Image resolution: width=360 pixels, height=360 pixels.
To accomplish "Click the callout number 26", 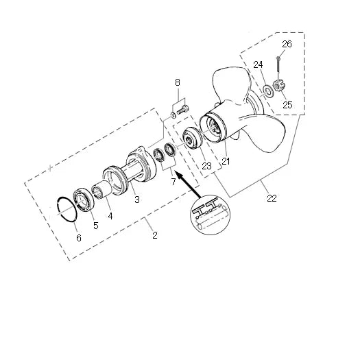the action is point(287,44).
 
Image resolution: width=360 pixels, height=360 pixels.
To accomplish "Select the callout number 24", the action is point(258,64).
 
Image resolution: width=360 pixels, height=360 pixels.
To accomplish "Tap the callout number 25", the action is point(287,105).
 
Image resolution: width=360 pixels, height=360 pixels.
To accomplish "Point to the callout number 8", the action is point(178,82).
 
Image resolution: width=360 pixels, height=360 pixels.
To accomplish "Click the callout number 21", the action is point(226,161).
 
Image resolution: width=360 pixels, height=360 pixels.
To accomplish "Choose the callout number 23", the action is point(206,166).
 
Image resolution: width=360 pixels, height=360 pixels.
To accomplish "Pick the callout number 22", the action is point(272,198).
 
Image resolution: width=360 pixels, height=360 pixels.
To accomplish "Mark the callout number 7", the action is point(173,182).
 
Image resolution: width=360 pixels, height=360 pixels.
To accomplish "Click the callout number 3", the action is point(137,200).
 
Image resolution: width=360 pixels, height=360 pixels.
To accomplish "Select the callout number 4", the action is point(110,216).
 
